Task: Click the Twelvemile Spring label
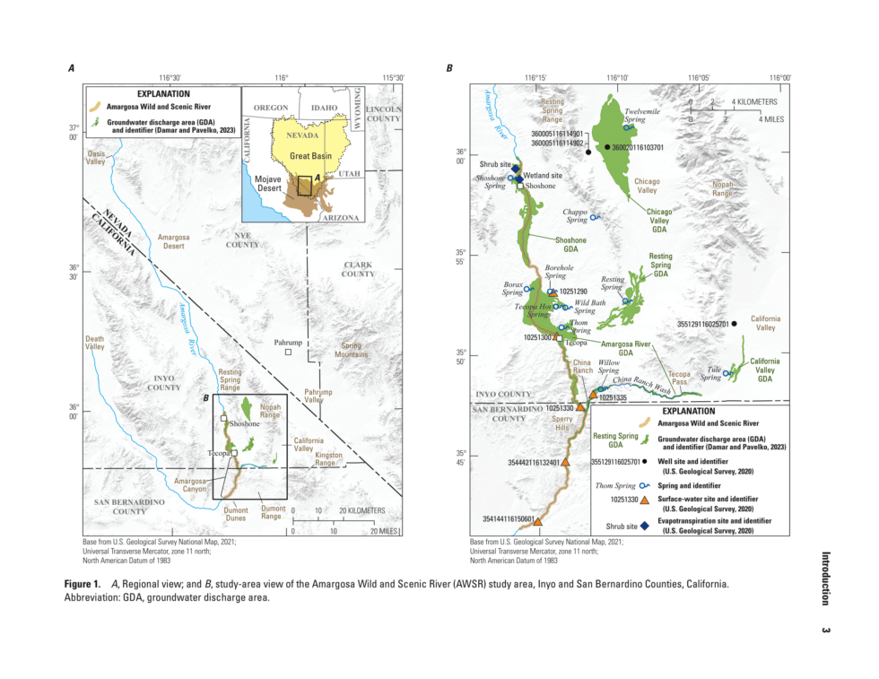[641, 115]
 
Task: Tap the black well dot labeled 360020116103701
[607, 147]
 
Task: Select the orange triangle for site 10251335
[593, 394]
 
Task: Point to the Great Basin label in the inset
[310, 156]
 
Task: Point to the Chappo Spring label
[574, 215]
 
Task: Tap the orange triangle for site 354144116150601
[536, 521]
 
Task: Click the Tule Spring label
[714, 373]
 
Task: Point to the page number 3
[825, 630]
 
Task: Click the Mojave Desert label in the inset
[269, 184]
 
